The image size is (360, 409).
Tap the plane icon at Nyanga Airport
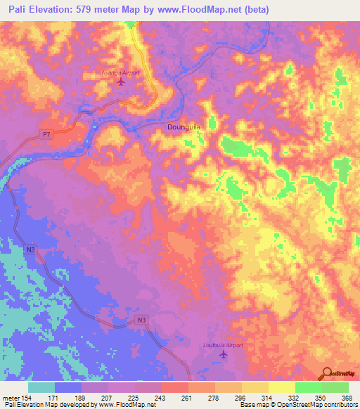[120, 82]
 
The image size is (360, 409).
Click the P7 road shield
[46, 133]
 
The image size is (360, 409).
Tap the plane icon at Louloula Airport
[224, 354]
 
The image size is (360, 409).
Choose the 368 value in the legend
[345, 398]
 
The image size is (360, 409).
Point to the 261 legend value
[186, 398]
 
